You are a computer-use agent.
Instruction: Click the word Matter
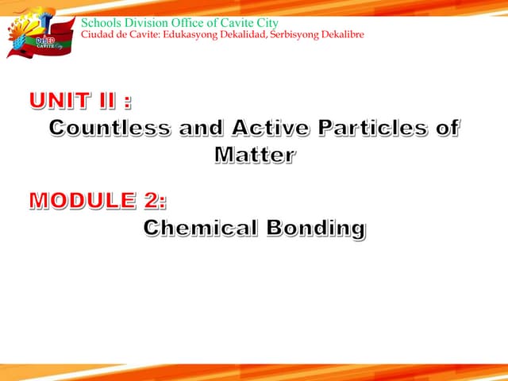pyautogui.click(x=254, y=154)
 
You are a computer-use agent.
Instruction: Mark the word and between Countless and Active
pyautogui.click(x=199, y=128)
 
